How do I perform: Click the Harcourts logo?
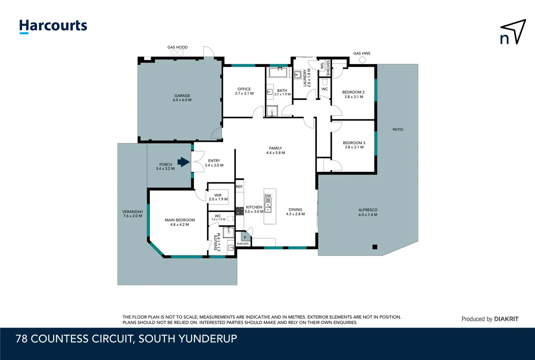click(53, 26)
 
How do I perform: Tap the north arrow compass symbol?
click(514, 32)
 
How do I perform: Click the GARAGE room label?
click(182, 96)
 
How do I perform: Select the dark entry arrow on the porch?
click(184, 162)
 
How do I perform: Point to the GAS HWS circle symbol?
click(362, 60)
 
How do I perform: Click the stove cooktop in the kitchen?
click(240, 211)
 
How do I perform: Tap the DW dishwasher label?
click(268, 196)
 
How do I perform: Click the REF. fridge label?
click(239, 187)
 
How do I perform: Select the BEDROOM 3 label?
click(354, 143)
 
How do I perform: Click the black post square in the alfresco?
click(375, 247)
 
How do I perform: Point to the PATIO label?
click(398, 129)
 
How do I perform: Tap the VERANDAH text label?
click(133, 211)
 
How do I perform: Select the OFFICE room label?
click(244, 89)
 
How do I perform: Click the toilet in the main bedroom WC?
click(230, 218)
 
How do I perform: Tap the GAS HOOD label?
click(177, 47)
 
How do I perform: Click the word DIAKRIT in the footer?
click(506, 319)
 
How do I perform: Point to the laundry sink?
click(297, 75)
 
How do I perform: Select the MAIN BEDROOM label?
click(180, 220)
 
